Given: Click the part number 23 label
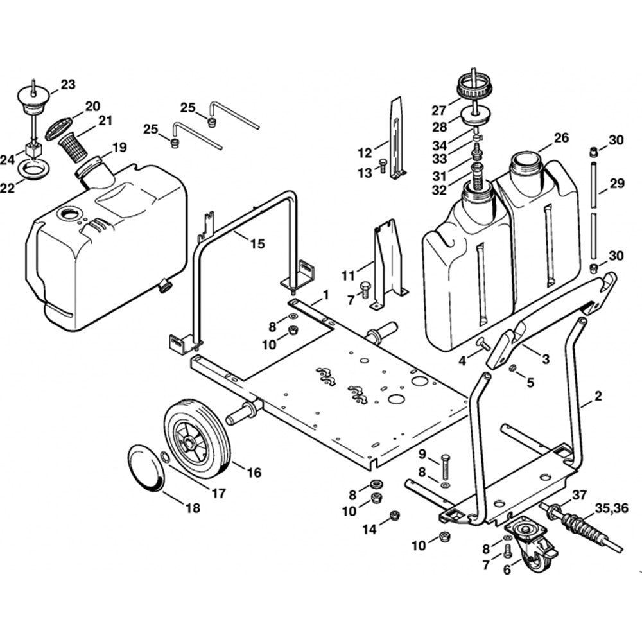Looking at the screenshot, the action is (x=68, y=84).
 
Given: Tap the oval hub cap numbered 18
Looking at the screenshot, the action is (x=147, y=467).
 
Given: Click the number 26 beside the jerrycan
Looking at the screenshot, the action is (x=561, y=138).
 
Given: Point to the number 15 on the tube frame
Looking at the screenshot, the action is (x=257, y=243).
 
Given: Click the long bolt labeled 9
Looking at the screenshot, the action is (x=445, y=468).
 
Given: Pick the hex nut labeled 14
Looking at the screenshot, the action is (x=394, y=515).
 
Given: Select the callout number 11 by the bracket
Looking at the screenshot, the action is (x=348, y=276).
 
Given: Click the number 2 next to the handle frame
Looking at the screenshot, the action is (x=598, y=396).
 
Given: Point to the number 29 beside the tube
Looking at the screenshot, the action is (x=617, y=184).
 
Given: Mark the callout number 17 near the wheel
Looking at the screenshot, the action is (x=219, y=493).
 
